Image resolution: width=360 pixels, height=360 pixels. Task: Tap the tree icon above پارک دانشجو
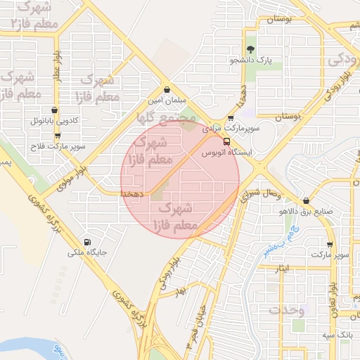251,49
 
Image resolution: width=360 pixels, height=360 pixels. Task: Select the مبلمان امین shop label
166,101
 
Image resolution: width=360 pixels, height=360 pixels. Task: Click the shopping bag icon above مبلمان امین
167,89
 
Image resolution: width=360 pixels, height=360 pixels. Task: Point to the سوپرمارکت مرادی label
231,129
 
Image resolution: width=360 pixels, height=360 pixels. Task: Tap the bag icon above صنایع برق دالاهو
305,200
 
